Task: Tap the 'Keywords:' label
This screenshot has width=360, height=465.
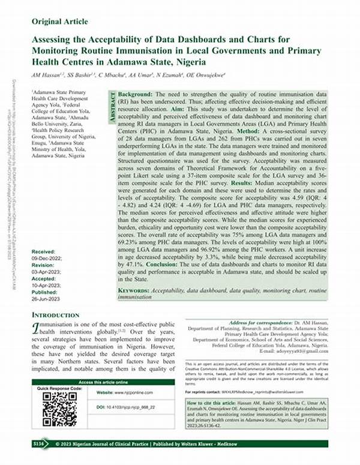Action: click(x=134, y=290)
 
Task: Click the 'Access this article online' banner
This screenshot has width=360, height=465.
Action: click(x=103, y=382)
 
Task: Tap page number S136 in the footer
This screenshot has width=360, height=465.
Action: click(x=40, y=444)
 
